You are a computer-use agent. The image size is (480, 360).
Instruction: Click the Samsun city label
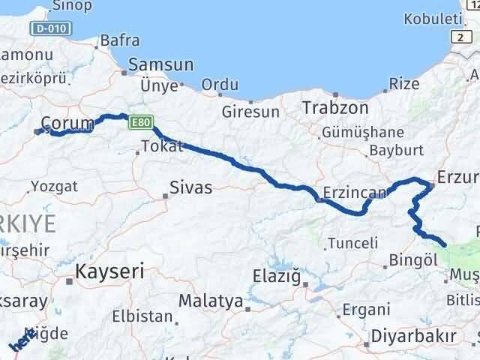coord(160,65)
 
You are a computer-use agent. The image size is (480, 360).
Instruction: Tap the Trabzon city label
coord(335,108)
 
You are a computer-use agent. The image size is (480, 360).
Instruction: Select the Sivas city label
coord(190,187)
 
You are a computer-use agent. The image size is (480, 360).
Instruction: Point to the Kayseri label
coord(109,271)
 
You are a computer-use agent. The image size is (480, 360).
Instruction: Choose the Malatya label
coord(210,301)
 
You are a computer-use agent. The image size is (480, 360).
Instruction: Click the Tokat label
coord(161,147)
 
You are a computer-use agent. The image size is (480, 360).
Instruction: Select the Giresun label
coord(250,112)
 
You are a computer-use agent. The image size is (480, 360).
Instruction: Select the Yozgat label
coord(54,184)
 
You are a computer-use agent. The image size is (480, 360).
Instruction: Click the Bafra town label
coord(119,40)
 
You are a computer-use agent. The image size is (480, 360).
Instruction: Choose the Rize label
coord(405,84)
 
